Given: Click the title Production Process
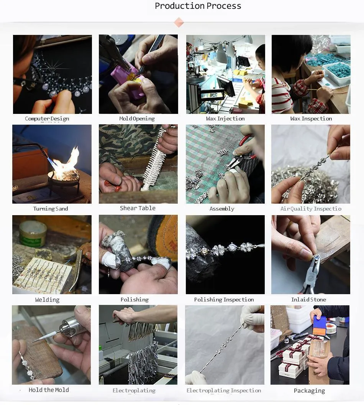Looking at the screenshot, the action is [x=198, y=6].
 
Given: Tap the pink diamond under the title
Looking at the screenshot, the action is [x=179, y=22].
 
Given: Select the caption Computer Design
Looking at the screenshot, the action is [x=47, y=119].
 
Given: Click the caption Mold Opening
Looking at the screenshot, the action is [x=137, y=119].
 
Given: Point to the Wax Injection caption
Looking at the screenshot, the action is [x=225, y=119].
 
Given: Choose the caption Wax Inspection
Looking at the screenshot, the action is [x=311, y=119].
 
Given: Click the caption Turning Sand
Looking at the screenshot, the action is [x=51, y=209].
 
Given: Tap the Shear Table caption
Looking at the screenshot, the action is [x=138, y=208].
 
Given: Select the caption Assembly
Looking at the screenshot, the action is [x=222, y=209].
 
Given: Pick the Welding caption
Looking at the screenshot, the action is [x=47, y=300].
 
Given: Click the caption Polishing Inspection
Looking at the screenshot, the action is [x=224, y=300].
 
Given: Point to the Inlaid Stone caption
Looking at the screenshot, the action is [x=308, y=300].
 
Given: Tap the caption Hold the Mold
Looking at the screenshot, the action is [x=49, y=390].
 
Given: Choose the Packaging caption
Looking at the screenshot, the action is [x=309, y=391].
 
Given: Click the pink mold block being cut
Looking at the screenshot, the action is [x=126, y=80].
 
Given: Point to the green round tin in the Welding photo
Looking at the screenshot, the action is [x=33, y=234].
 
